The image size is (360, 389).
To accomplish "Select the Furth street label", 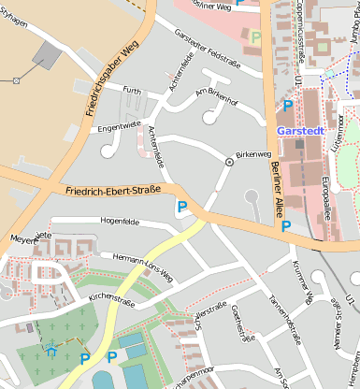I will [x=131, y=91].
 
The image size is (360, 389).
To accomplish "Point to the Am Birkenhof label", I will [x=218, y=97].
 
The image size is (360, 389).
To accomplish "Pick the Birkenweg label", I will [x=254, y=153].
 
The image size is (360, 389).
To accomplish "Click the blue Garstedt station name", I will [x=300, y=131].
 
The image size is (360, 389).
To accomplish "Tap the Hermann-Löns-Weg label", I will [x=142, y=267].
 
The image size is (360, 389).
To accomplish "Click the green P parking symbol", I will [x=256, y=37].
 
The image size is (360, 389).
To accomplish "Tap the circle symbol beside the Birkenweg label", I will [x=229, y=162].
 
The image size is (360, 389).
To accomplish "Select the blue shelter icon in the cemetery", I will [x=51, y=352].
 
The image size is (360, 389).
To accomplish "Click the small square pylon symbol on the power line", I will [x=16, y=80].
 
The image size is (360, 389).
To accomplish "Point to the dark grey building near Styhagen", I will [x=45, y=54].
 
